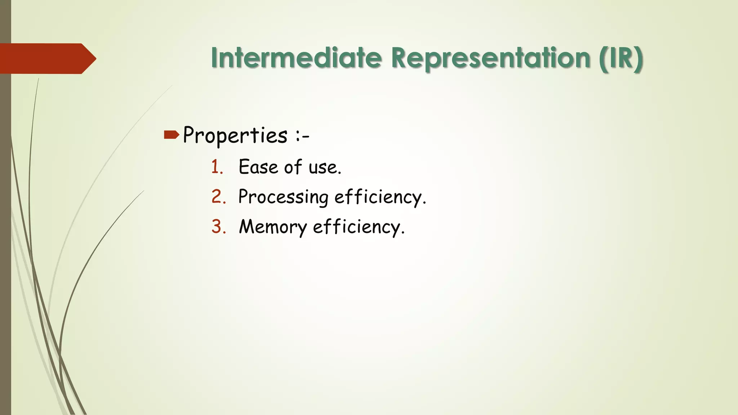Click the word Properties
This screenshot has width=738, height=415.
point(235,135)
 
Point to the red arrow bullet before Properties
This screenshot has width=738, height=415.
point(171,135)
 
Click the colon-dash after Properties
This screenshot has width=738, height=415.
point(302,137)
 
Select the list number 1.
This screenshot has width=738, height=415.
point(217,167)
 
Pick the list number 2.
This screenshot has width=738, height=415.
point(218,197)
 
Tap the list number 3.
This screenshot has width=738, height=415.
point(218,227)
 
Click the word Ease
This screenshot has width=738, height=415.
point(258,167)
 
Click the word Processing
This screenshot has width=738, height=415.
point(283,197)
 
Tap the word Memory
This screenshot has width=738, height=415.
point(273,227)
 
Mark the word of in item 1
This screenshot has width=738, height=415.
point(293,167)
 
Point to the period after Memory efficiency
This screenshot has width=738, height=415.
point(403,233)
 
